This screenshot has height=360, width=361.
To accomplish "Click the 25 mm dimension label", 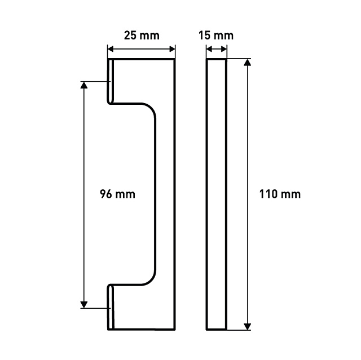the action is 142,35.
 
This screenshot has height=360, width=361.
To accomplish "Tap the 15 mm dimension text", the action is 216,35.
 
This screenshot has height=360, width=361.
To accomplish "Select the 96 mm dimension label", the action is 117,194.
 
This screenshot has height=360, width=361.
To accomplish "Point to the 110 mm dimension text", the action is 280,194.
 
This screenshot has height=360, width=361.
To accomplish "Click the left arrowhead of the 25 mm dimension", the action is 111,49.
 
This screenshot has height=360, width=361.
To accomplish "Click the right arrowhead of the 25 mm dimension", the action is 172,49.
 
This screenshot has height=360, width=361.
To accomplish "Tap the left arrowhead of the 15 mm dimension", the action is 209,49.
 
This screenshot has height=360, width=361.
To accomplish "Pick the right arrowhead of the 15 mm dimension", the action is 224,49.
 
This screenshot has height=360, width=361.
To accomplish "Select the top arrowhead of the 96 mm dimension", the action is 84,85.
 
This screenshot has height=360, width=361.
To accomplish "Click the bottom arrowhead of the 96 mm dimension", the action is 84,304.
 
